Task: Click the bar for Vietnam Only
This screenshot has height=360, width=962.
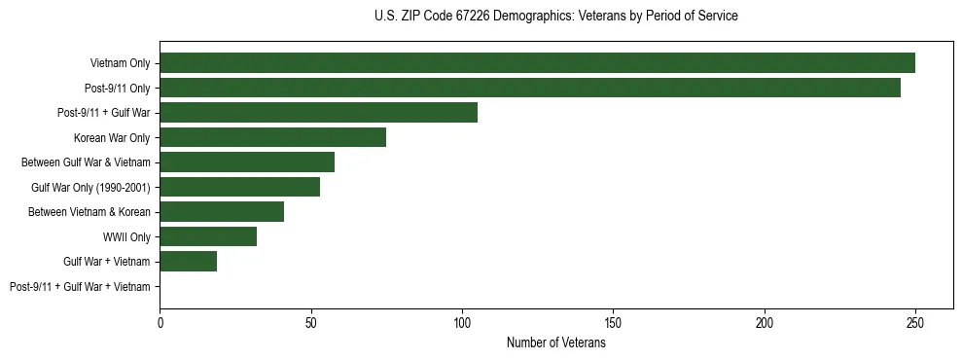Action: (537, 63)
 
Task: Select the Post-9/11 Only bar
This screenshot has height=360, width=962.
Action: (530, 88)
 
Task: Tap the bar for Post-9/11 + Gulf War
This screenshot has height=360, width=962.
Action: (318, 113)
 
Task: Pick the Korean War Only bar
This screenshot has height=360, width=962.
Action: (272, 137)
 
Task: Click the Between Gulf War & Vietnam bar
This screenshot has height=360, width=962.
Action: (247, 162)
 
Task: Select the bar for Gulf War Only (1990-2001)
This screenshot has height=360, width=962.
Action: (239, 187)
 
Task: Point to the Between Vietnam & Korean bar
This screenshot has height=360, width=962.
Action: (222, 212)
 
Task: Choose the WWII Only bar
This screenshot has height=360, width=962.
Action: (208, 236)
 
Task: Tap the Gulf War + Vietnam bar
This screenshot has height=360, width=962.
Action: (188, 262)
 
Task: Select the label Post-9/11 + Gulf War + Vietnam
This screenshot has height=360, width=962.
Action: (80, 287)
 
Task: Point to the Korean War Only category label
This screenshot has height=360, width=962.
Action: (112, 138)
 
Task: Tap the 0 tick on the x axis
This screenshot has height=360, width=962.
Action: (160, 323)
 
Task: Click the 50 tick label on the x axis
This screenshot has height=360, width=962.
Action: (310, 323)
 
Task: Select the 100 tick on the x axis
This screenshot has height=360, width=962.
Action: (462, 323)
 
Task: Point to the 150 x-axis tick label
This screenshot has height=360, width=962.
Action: (613, 323)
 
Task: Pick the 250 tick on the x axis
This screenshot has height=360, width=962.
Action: (915, 323)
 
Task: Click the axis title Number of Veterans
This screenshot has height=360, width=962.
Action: (555, 343)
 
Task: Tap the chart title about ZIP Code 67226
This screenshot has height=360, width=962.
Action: (555, 17)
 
